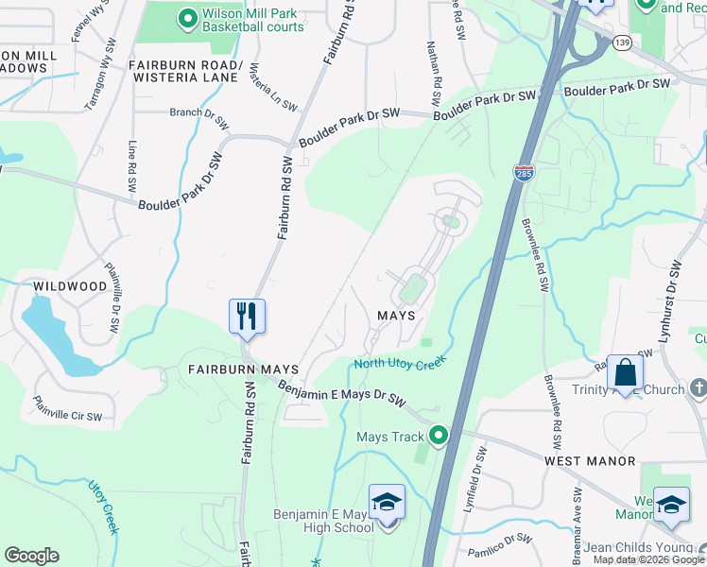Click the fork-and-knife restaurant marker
point(247,316)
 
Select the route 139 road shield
point(621,43)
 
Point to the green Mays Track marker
point(438,436)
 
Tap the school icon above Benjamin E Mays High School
point(387,501)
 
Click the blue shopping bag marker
point(625,371)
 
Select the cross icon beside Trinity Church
point(698,389)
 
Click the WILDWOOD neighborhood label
point(70,285)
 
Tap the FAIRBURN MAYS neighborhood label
point(243,369)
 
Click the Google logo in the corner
point(31,556)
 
